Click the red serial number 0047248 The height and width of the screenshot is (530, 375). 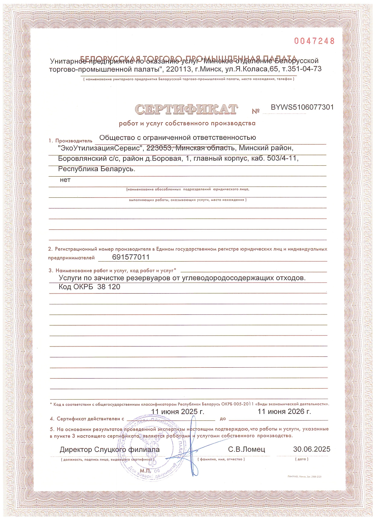pyautogui.click(x=314, y=41)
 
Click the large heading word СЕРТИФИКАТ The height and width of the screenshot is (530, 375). pyautogui.click(x=186, y=109)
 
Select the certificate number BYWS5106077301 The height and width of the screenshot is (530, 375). pyautogui.click(x=302, y=107)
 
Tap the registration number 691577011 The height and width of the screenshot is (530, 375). pyautogui.click(x=131, y=257)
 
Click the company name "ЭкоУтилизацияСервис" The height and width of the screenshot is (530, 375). pyautogui.click(x=100, y=148)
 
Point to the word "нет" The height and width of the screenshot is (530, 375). pyautogui.click(x=65, y=180)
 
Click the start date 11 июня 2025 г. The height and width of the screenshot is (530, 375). pyautogui.click(x=178, y=411)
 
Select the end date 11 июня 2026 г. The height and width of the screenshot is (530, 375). pyautogui.click(x=284, y=411)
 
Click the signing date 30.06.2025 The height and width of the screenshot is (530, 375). pyautogui.click(x=311, y=449)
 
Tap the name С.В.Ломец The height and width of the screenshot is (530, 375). pyautogui.click(x=246, y=449)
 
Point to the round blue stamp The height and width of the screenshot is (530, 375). pyautogui.click(x=151, y=450)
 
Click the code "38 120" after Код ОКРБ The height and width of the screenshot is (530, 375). pyautogui.click(x=109, y=287)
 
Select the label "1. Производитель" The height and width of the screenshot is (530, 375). pyautogui.click(x=70, y=141)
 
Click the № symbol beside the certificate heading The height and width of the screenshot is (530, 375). pyautogui.click(x=256, y=111)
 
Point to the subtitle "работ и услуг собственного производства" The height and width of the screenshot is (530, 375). pyautogui.click(x=187, y=123)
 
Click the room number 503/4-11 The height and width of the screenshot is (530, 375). pyautogui.click(x=282, y=158)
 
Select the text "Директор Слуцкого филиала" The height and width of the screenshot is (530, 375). pyautogui.click(x=109, y=450)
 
